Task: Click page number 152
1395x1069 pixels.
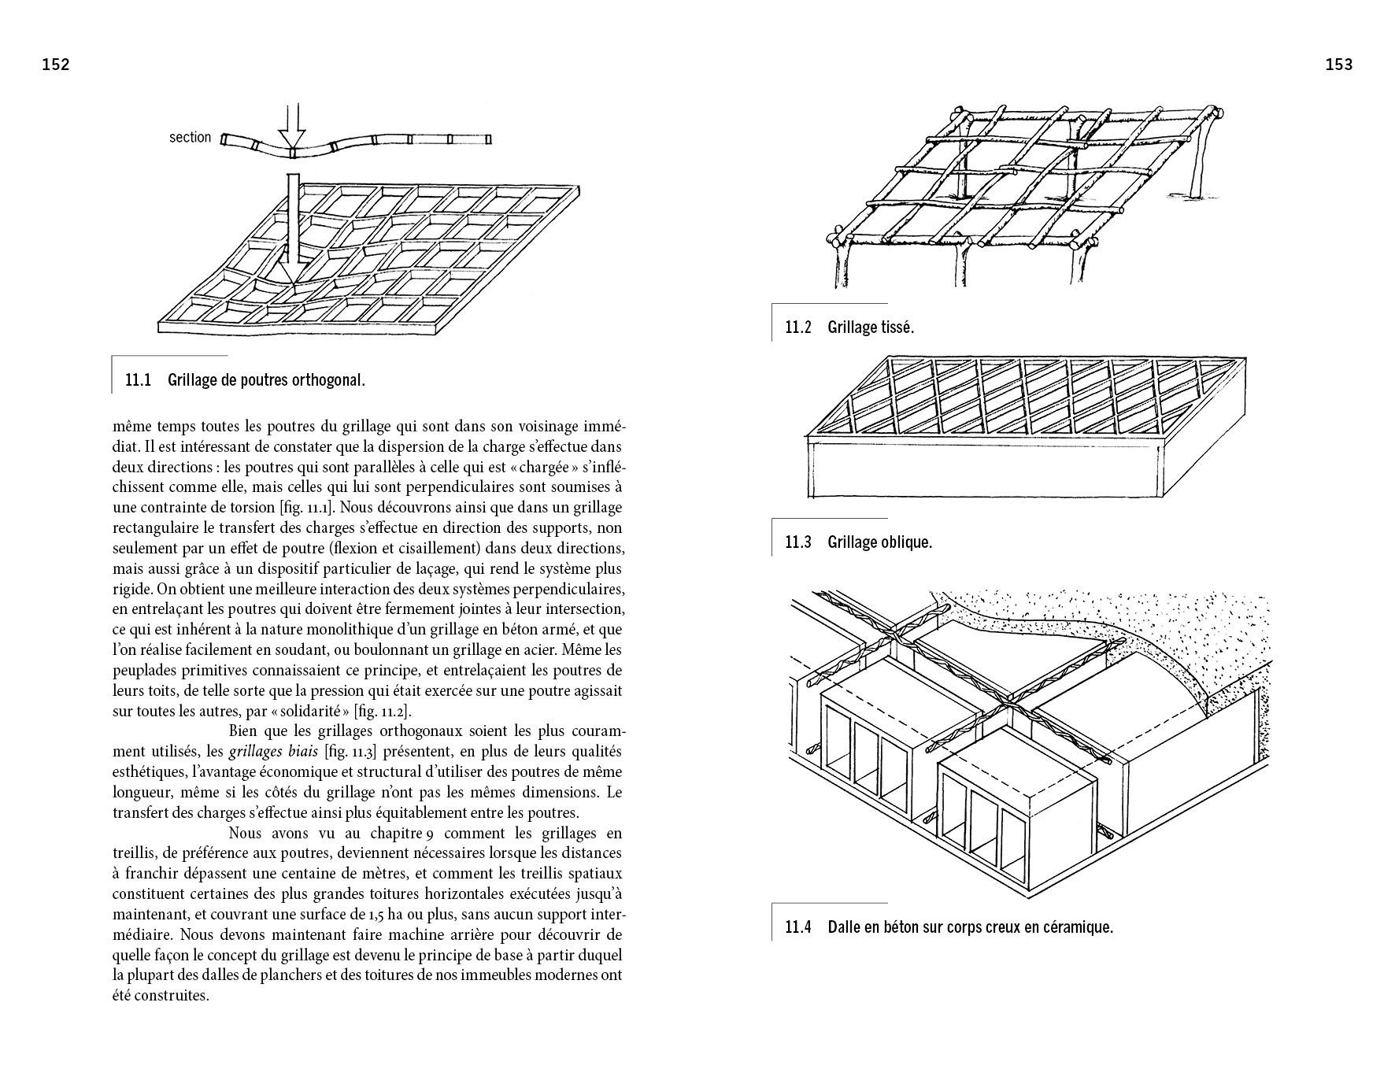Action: tap(56, 65)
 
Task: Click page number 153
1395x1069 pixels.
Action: tap(1338, 65)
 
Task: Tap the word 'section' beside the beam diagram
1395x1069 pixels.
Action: tap(191, 138)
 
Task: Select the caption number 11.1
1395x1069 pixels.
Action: tap(138, 381)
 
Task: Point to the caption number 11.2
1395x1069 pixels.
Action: tap(797, 327)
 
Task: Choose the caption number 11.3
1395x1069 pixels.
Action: tap(797, 542)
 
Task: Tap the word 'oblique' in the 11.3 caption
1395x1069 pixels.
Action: tap(906, 542)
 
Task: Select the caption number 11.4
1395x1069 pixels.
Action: tap(797, 927)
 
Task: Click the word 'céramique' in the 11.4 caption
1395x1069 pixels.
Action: tap(1078, 927)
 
